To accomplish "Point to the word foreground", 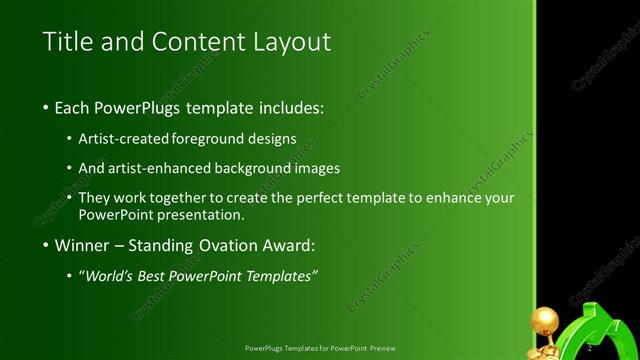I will coord(209,139).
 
